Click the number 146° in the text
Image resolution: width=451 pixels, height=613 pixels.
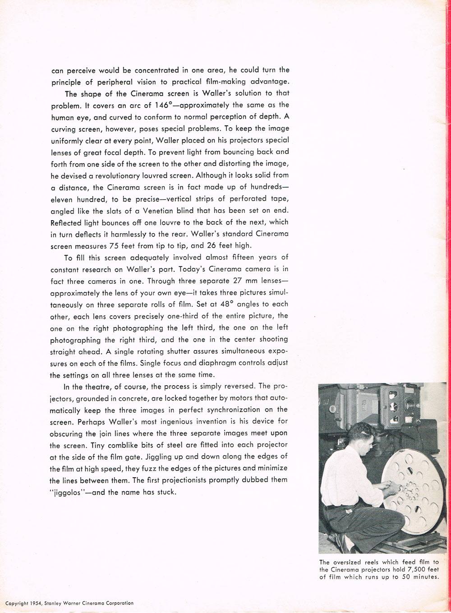tap(163, 105)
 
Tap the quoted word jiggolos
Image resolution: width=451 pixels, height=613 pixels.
tap(67, 492)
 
